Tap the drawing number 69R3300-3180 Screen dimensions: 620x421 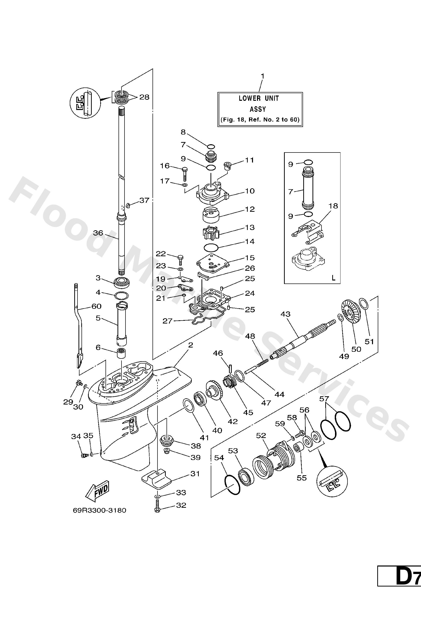pyautogui.click(x=99, y=510)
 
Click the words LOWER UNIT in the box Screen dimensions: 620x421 pyautogui.click(x=258, y=98)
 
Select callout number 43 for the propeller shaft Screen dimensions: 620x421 pyautogui.click(x=285, y=314)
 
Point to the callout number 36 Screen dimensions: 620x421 pyautogui.click(x=98, y=233)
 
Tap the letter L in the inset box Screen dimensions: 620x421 pyautogui.click(x=333, y=278)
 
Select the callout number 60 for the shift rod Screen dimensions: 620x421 pyautogui.click(x=96, y=306)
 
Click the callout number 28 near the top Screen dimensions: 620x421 pyautogui.click(x=144, y=97)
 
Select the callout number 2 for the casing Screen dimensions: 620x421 pyautogui.click(x=190, y=345)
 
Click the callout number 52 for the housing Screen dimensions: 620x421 pyautogui.click(x=261, y=435)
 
